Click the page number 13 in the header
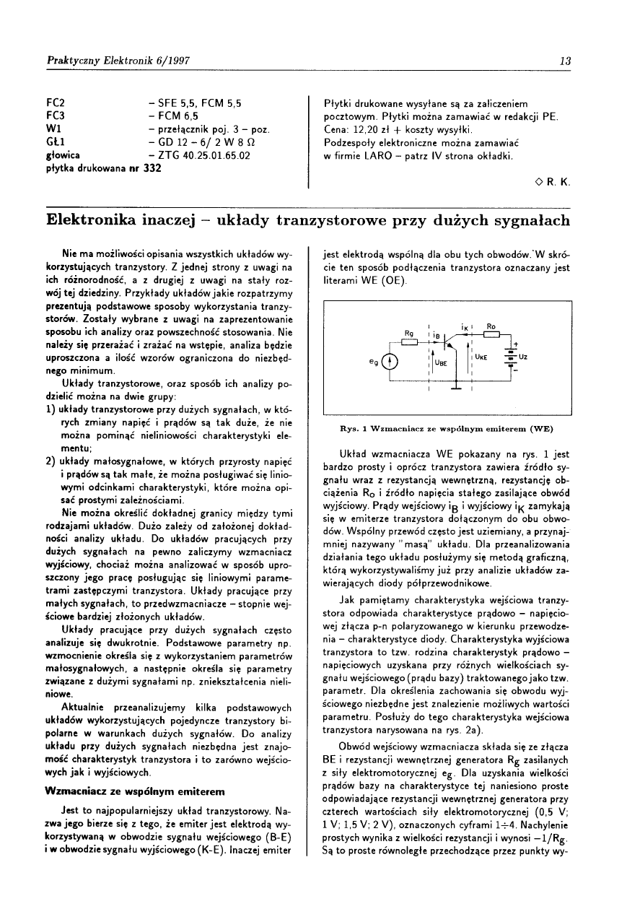coord(566,61)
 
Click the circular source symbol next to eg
coord(390,362)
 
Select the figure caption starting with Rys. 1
coord(446,427)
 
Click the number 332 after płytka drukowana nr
coord(152,168)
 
